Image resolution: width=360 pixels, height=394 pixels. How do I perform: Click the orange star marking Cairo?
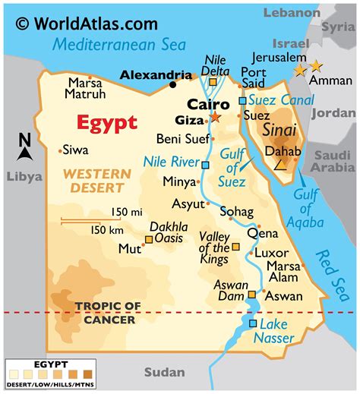pyautogui.click(x=215, y=117)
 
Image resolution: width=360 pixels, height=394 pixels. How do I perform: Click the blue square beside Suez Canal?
pyautogui.click(x=242, y=99)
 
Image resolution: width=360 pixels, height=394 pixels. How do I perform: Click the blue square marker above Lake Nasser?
pyautogui.click(x=253, y=323)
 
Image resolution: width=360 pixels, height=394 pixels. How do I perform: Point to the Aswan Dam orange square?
pyautogui.click(x=252, y=295)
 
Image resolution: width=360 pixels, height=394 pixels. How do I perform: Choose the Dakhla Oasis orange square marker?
pyautogui.click(x=149, y=239)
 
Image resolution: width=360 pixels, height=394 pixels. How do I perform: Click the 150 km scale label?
pyautogui.click(x=108, y=229)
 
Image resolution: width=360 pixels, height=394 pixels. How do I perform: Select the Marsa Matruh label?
pyautogui.click(x=84, y=90)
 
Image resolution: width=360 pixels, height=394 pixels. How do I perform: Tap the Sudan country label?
pyautogui.click(x=163, y=371)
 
